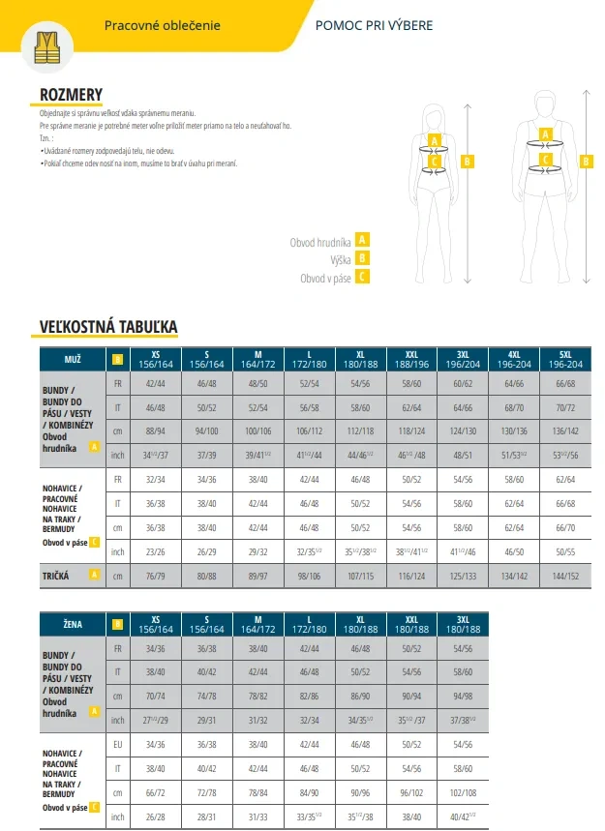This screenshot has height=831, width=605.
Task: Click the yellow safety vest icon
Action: (x=45, y=46)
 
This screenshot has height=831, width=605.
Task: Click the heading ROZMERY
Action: (x=71, y=94)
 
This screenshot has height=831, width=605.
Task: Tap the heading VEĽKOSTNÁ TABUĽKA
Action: (x=107, y=327)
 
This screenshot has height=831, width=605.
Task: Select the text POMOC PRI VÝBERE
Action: (x=375, y=24)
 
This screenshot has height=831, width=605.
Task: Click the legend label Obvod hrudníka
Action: (x=321, y=240)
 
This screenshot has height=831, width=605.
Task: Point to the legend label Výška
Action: (x=340, y=258)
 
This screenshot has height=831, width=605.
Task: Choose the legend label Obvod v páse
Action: (x=325, y=278)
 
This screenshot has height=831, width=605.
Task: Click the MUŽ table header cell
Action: (x=73, y=360)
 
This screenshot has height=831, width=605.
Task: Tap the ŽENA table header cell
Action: (x=73, y=625)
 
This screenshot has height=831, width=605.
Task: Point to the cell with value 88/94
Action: (x=155, y=430)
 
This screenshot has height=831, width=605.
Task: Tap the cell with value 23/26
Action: (x=155, y=551)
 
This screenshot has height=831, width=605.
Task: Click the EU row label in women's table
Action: (x=118, y=746)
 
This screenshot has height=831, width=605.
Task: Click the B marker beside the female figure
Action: (x=469, y=162)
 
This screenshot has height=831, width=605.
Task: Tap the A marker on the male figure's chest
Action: (x=545, y=134)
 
